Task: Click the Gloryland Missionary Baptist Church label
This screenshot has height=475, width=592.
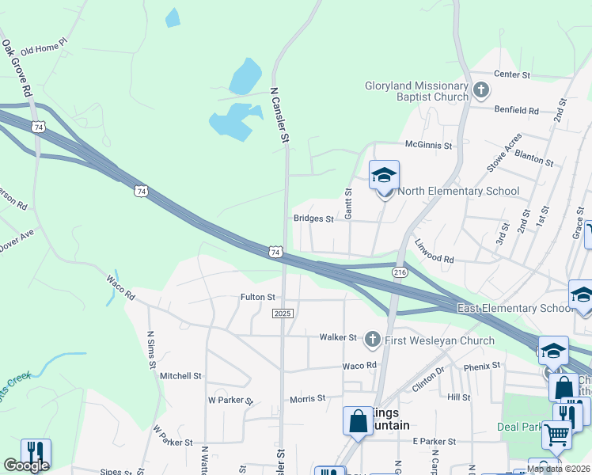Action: (x=416, y=91)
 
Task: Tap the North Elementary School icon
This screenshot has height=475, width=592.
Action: (x=385, y=176)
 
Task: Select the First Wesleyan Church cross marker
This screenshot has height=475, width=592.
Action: (x=372, y=340)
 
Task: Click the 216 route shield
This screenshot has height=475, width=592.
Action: (x=399, y=272)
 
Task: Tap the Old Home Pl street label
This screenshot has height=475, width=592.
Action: (x=45, y=50)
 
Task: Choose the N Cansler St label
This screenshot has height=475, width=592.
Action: (x=280, y=115)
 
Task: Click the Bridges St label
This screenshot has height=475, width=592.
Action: (x=313, y=218)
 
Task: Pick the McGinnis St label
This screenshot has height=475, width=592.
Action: (x=427, y=146)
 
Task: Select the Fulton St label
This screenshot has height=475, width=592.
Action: (x=257, y=298)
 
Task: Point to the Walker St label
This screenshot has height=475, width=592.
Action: (x=338, y=337)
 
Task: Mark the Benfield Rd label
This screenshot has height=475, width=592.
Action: (x=516, y=111)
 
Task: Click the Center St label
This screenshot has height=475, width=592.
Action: (x=511, y=74)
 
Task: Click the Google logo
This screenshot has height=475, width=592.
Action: (x=27, y=465)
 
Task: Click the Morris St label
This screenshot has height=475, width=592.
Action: (x=307, y=399)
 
